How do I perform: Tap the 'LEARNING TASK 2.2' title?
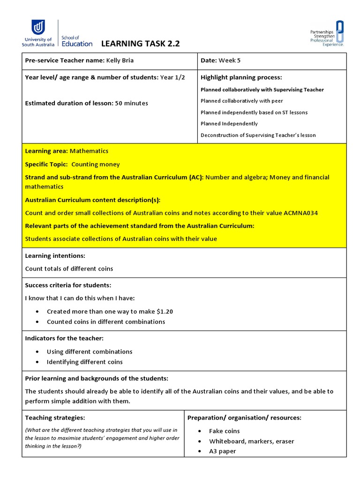tap(141, 44)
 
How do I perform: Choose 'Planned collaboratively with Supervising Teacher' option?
tap(262, 90)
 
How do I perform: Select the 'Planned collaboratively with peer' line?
tap(241, 101)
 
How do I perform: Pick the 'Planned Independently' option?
tap(229, 124)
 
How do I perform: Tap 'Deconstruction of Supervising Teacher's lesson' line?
tap(258, 135)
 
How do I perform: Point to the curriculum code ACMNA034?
tap(300, 213)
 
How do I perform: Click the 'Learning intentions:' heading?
tap(55, 256)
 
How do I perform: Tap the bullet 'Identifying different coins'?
tap(84, 362)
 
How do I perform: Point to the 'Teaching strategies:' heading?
tap(55, 417)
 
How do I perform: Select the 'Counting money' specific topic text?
tap(95, 164)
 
